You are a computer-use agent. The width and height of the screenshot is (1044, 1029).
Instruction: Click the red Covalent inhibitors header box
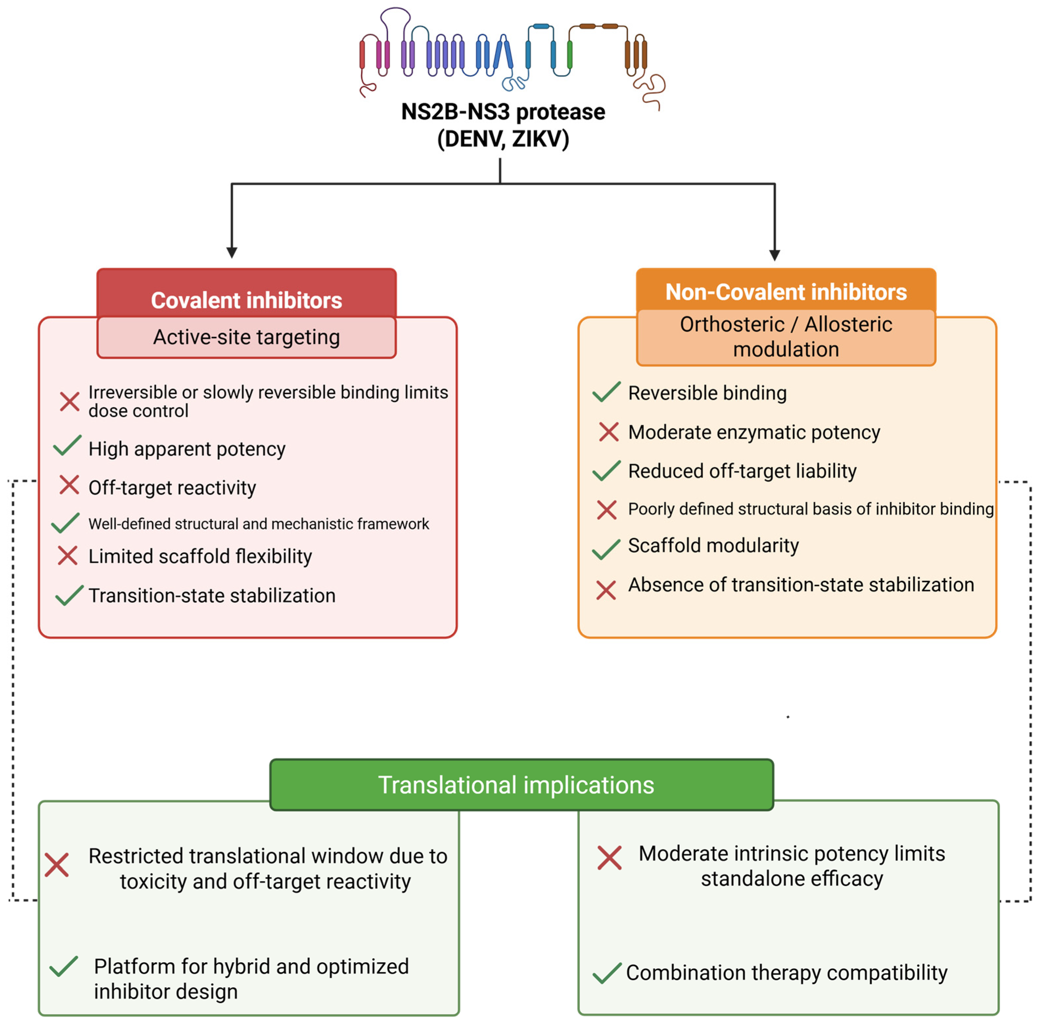(246, 295)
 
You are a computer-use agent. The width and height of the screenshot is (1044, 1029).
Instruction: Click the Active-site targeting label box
(246, 337)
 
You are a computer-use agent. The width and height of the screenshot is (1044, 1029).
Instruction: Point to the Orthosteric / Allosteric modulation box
(785, 337)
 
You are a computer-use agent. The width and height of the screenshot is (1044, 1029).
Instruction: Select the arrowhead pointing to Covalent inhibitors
(232, 252)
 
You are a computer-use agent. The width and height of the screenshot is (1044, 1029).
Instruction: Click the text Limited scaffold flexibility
(200, 556)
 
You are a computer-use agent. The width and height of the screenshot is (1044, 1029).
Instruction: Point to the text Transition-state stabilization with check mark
(212, 596)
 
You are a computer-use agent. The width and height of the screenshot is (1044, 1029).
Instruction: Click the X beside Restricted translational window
(57, 865)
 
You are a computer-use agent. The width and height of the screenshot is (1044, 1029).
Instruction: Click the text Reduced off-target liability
(742, 471)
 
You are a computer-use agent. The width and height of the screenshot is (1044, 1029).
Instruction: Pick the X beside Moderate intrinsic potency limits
(609, 858)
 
